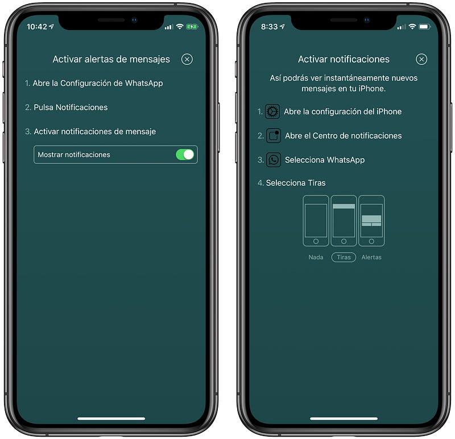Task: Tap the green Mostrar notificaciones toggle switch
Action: [x=185, y=154]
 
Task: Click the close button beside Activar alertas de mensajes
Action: [x=187, y=59]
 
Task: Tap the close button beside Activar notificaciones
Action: [x=421, y=59]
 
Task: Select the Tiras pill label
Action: [x=344, y=257]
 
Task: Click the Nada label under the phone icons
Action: [x=316, y=257]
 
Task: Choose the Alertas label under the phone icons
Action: [x=371, y=257]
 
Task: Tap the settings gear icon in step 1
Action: [x=272, y=111]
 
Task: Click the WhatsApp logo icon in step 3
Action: [x=274, y=160]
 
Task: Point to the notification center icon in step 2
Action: [x=274, y=135]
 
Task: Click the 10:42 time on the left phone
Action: [x=37, y=27]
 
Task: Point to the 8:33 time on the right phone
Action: [x=269, y=27]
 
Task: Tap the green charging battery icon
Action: [x=192, y=27]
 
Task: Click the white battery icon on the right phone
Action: [x=424, y=27]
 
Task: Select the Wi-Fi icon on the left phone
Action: [x=180, y=27]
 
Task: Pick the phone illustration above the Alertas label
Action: [x=371, y=221]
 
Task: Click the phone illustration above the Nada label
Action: [x=316, y=221]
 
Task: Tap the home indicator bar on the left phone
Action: [x=111, y=419]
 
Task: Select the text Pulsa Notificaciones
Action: [x=71, y=107]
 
